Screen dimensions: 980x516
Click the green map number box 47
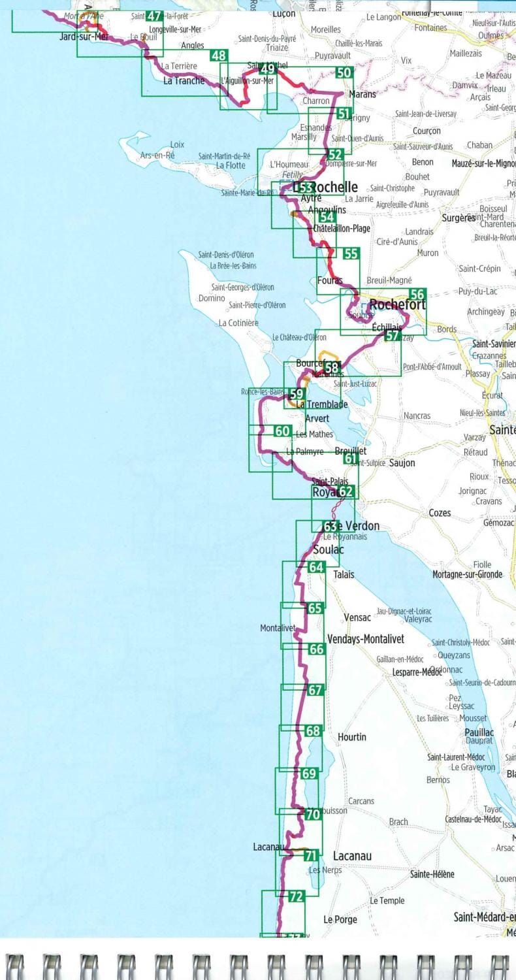155,16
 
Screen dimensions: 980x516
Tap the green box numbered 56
417,295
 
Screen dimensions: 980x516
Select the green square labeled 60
282,431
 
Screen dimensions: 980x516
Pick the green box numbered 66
316,649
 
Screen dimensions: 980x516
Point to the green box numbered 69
310,774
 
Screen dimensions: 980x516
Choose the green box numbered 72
296,896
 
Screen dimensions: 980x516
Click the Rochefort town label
397,305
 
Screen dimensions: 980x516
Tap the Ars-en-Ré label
157,155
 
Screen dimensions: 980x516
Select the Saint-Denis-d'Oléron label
226,255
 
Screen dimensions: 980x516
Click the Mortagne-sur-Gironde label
467,574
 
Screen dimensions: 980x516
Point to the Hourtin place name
351,737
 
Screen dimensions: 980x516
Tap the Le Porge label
340,919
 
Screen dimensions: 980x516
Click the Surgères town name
459,218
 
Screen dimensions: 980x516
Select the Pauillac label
479,732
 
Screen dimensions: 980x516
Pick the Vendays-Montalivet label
365,638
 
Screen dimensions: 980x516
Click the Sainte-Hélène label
432,874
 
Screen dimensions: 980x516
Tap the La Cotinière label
238,323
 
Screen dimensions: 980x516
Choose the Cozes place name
440,513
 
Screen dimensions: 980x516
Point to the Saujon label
402,463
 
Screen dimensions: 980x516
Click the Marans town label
363,94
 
